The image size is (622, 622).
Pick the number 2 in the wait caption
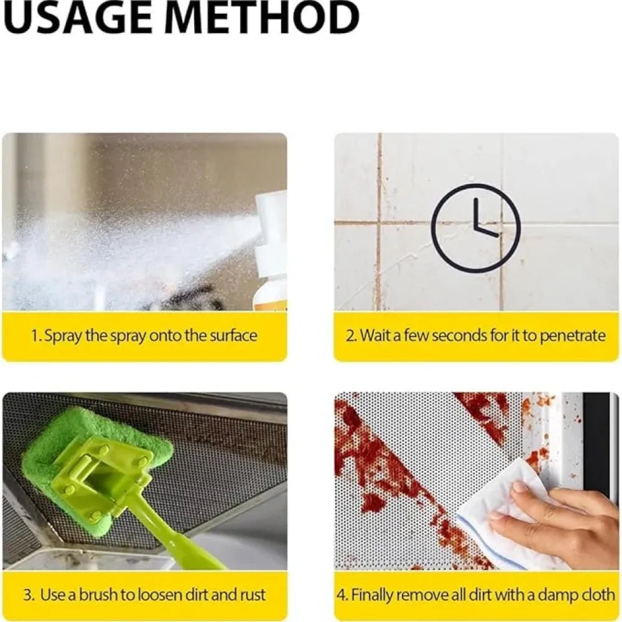[350, 336]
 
